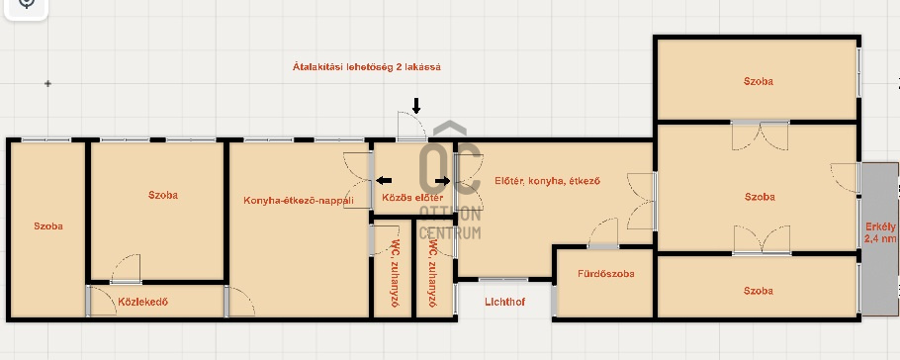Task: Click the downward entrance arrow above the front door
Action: [x=416, y=105]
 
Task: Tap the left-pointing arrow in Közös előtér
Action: [x=384, y=181]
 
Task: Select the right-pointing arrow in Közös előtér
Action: [x=442, y=181]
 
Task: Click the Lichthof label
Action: [x=504, y=302]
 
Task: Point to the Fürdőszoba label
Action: [x=605, y=274]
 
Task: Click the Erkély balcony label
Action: [x=881, y=233]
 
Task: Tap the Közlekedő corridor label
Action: [x=143, y=302]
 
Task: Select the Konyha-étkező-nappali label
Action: [x=299, y=201]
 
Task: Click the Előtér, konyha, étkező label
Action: [x=548, y=180]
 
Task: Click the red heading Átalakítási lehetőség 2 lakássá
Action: [x=367, y=66]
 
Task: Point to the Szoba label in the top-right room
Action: [x=759, y=81]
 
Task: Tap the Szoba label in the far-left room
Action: [x=48, y=226]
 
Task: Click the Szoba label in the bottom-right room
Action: [x=759, y=291]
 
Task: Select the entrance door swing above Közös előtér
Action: [x=411, y=126]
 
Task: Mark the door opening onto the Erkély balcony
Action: [x=846, y=177]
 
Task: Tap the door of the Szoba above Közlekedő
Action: [x=126, y=269]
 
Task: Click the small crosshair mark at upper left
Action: [x=47, y=84]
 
